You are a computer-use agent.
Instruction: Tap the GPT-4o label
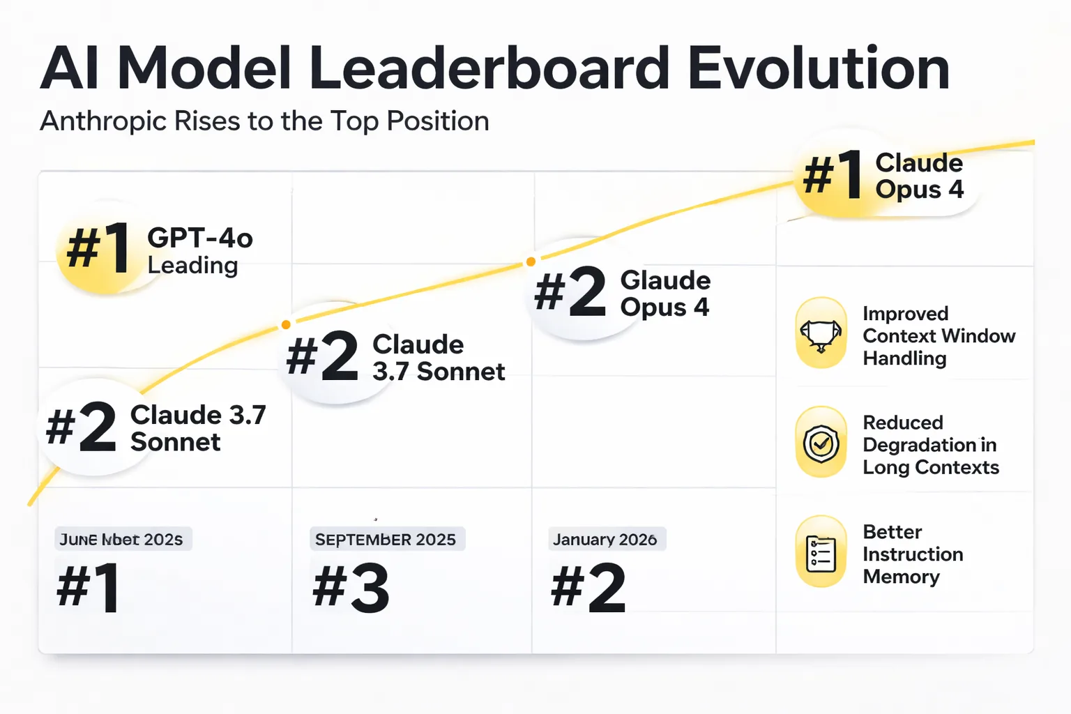tap(199, 238)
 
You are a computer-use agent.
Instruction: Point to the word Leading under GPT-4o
tap(192, 266)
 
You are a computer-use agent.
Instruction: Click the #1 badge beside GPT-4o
tap(98, 248)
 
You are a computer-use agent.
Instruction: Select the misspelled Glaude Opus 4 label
tap(665, 294)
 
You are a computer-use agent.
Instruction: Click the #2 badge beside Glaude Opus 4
tap(570, 291)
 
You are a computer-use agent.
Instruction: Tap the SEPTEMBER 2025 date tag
tap(386, 540)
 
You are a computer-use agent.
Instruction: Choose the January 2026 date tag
tap(605, 540)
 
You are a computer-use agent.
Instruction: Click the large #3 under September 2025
tap(351, 589)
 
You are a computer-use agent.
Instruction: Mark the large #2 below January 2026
tap(588, 589)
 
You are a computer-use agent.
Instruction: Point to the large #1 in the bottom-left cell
tap(89, 589)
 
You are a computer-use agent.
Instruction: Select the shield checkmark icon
tap(821, 443)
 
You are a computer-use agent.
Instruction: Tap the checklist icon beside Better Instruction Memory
tap(821, 553)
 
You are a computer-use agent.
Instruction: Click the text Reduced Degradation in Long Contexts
tap(930, 445)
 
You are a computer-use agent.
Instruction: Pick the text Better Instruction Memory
tap(912, 554)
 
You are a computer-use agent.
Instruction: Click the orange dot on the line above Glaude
tap(531, 261)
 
